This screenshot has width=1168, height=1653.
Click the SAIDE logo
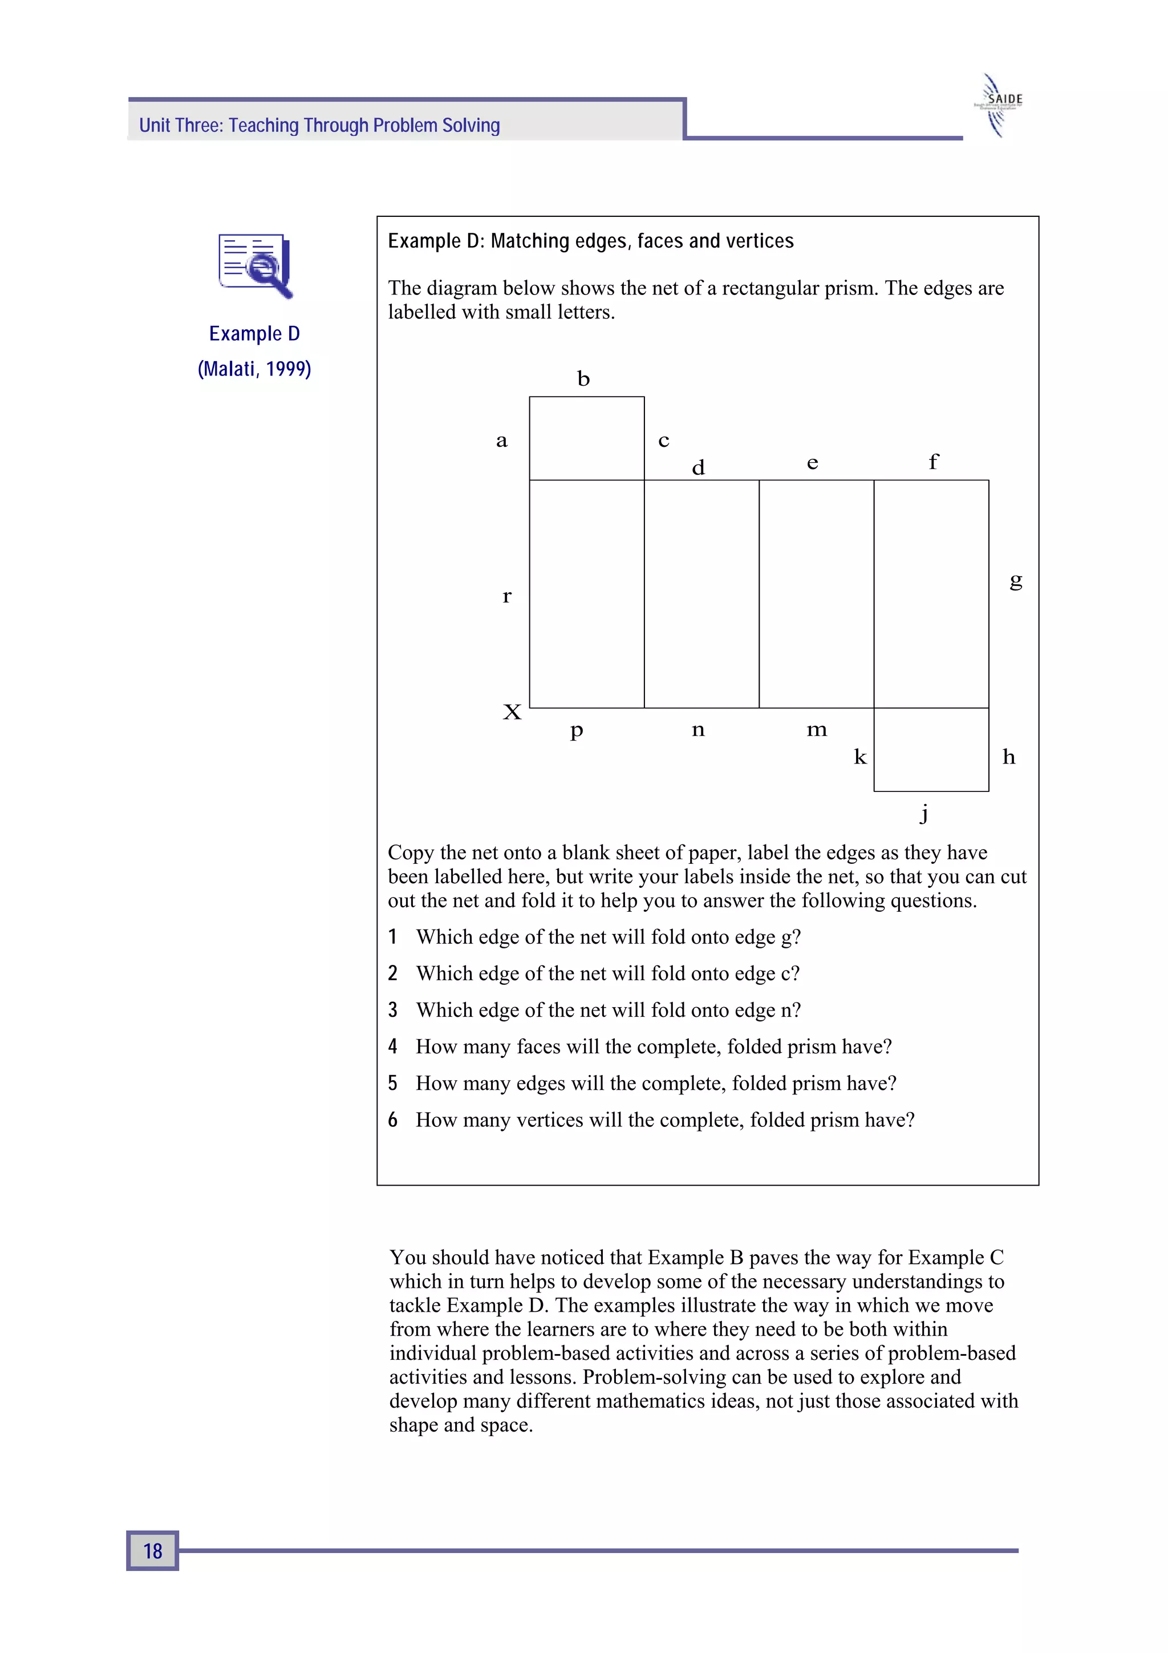[1000, 105]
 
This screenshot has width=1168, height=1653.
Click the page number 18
[153, 1550]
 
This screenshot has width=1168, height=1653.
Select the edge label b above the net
[583, 379]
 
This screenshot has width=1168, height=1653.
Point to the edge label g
[1015, 580]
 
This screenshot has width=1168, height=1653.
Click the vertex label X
[512, 712]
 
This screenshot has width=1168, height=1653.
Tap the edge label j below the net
[924, 813]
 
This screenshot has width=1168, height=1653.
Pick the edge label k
[860, 757]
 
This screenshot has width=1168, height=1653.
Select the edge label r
[506, 596]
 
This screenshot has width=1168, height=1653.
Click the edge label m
[817, 730]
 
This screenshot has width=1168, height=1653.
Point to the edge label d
[697, 468]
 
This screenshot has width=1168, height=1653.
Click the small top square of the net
[586, 438]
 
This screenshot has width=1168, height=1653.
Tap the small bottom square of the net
[931, 749]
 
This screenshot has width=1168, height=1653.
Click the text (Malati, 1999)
[254, 369]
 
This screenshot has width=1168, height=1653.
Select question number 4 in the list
[393, 1046]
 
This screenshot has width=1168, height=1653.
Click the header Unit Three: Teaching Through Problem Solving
[319, 126]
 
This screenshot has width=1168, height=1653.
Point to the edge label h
[1008, 757]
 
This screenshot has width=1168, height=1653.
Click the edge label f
[934, 461]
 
